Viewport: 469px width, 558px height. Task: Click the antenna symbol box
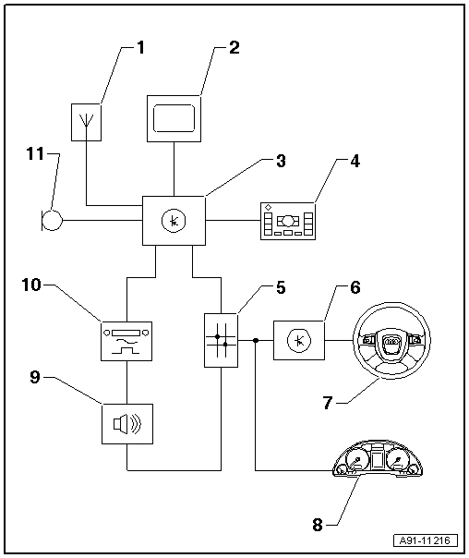pos(86,123)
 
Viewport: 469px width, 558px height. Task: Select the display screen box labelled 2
pos(174,118)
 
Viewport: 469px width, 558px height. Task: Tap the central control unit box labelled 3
pos(174,221)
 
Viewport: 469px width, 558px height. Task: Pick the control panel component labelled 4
pos(288,222)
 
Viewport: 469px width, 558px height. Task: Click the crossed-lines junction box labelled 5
pos(222,340)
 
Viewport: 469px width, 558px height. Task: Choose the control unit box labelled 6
pos(299,341)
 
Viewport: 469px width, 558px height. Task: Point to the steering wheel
pos(391,341)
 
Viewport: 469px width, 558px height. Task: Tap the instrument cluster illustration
pos(378,458)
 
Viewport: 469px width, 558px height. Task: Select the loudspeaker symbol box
pos(127,424)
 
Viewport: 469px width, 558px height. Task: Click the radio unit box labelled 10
pos(126,341)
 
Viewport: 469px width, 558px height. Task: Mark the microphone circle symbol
pos(52,221)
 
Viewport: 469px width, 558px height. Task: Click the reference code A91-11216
pos(426,540)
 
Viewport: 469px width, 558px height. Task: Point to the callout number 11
pos(35,154)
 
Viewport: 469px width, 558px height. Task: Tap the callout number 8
pos(318,525)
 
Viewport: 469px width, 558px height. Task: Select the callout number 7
pos(328,403)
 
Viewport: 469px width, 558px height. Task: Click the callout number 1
pos(141,47)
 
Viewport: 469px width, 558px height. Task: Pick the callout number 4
pos(355,161)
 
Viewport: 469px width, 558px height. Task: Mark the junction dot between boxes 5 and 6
pos(256,341)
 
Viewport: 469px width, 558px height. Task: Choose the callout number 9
pos(34,377)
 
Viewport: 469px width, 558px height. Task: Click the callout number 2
pos(234,47)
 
